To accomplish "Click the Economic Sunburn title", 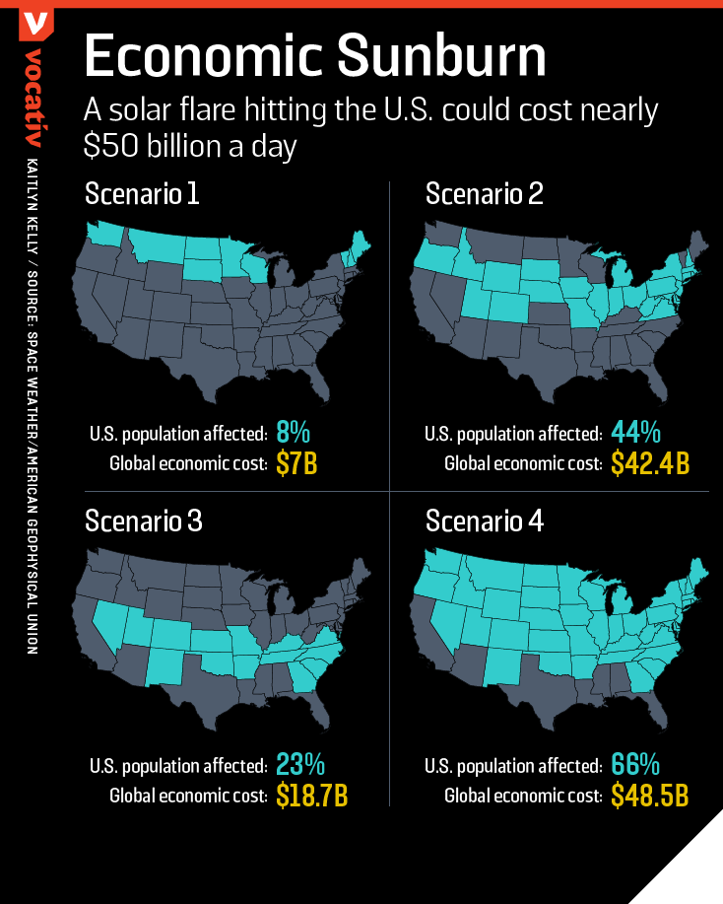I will (x=314, y=56).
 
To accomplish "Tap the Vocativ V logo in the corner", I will (x=35, y=23).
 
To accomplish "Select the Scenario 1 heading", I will (x=142, y=194).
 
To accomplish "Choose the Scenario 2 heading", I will (x=484, y=194).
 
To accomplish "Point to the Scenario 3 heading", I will (x=144, y=521).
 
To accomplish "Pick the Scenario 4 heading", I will (x=484, y=521).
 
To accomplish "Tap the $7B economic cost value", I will (x=296, y=463).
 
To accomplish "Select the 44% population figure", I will (x=635, y=433).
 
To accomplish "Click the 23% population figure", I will (x=299, y=764).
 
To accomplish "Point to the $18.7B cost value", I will (x=311, y=795).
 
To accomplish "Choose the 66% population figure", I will (x=635, y=764).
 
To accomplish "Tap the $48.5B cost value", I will (x=650, y=795).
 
